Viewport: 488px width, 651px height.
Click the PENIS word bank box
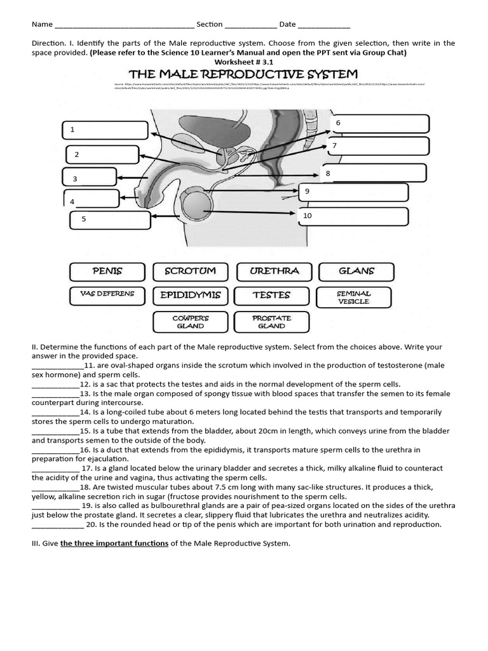pos(107,271)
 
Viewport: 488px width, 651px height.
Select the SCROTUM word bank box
pos(190,271)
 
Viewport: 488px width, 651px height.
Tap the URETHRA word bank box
pos(274,271)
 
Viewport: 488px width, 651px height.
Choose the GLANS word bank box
pos(356,271)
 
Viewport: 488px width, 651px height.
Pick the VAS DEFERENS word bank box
pos(107,295)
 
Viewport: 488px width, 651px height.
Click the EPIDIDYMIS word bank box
pos(190,296)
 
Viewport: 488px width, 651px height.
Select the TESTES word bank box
pos(271,296)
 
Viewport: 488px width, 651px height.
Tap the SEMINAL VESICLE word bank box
pos(354,298)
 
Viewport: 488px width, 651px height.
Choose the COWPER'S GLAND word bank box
pos(190,322)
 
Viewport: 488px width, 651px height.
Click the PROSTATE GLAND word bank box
pos(271,322)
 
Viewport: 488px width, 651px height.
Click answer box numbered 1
pos(105,130)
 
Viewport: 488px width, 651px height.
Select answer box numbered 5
pos(109,219)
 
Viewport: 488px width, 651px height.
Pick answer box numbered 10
pos(351,217)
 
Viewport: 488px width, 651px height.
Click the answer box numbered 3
pos(90,178)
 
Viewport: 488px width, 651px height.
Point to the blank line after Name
pos(125,26)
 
